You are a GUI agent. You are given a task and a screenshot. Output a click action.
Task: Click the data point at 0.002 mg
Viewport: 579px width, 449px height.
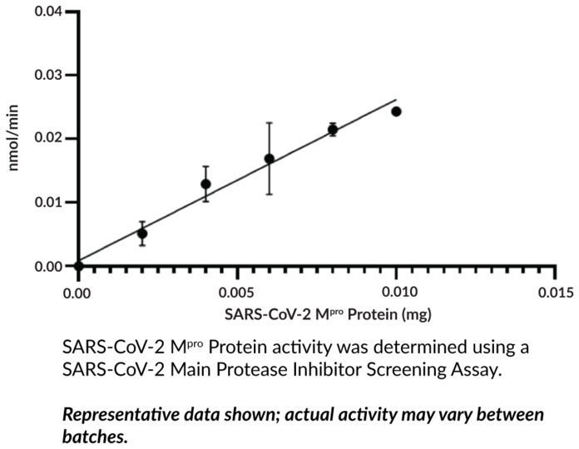click(x=142, y=234)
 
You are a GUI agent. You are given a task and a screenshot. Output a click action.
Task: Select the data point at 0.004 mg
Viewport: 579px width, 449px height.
click(x=205, y=184)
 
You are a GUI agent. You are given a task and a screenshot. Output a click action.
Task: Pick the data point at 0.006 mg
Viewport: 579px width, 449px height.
click(x=270, y=159)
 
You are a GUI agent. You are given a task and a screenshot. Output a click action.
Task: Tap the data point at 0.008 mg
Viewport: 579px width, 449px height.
click(x=333, y=129)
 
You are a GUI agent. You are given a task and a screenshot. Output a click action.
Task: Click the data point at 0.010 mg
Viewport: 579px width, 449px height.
click(x=396, y=111)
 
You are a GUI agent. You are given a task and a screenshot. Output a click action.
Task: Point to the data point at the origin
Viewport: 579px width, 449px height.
click(x=78, y=266)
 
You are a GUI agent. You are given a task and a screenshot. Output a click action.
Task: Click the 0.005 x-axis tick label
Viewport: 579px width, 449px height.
click(x=237, y=293)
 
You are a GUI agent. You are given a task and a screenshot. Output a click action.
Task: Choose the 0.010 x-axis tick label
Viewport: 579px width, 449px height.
click(x=397, y=293)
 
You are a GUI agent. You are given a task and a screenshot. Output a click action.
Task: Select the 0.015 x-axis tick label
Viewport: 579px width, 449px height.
click(x=556, y=293)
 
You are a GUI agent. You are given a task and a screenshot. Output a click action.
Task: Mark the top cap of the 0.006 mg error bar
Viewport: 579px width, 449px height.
click(x=270, y=123)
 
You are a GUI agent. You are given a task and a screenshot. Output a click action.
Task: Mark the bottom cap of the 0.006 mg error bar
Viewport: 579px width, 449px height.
click(x=270, y=194)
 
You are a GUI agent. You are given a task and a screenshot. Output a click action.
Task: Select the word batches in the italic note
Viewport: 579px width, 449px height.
click(x=95, y=436)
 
